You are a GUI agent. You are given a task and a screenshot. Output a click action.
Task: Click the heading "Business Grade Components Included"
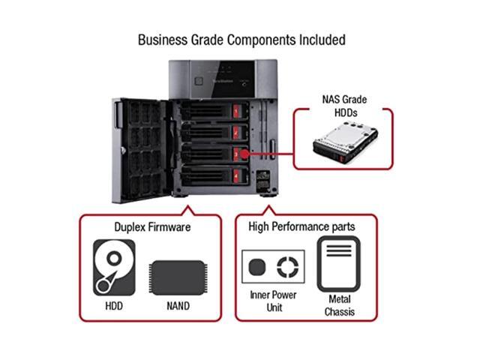(x=241, y=39)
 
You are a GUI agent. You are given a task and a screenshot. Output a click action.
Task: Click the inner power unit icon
(x=274, y=266)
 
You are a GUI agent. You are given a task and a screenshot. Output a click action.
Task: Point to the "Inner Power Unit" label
(x=274, y=300)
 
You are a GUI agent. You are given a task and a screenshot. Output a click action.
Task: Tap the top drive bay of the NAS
(x=214, y=112)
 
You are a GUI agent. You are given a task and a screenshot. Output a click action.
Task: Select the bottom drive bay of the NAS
(x=214, y=175)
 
